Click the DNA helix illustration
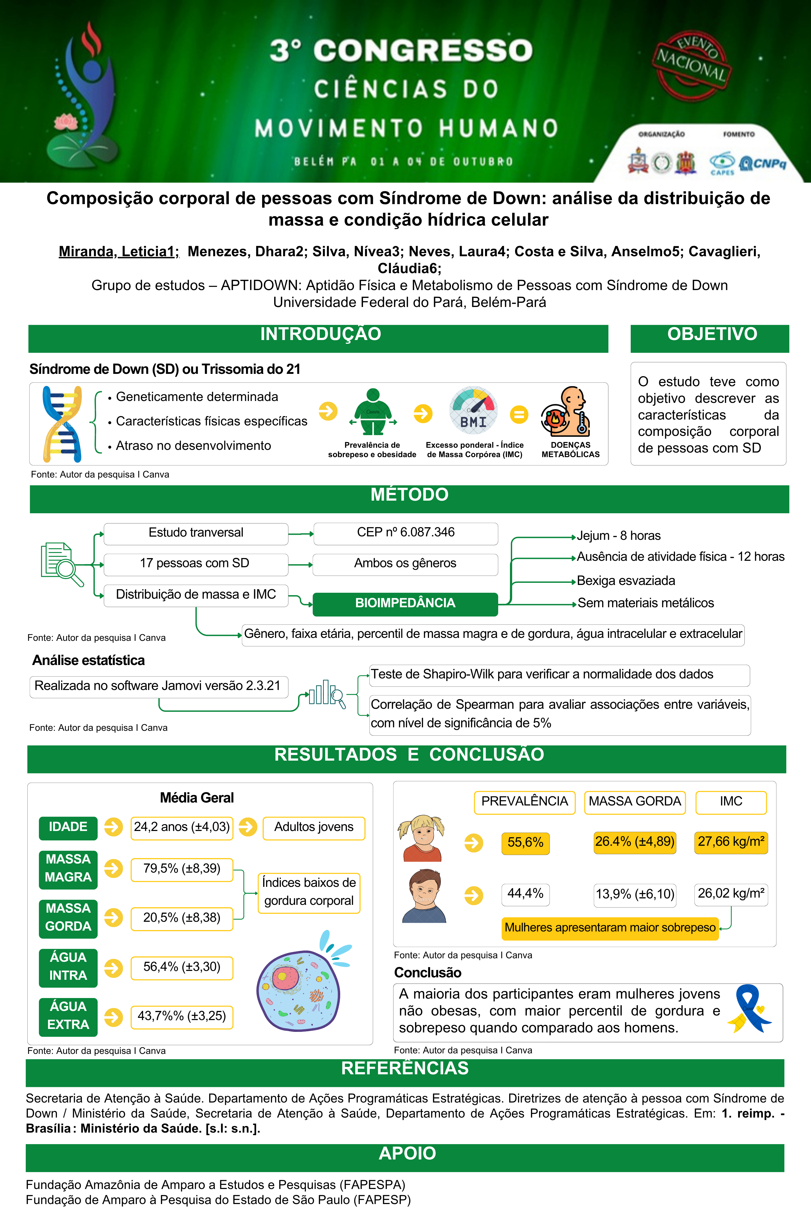point(62,424)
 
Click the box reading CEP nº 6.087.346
point(406,533)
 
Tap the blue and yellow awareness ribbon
point(748,1008)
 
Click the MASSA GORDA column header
point(635,802)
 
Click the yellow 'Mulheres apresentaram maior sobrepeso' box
point(610,928)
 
